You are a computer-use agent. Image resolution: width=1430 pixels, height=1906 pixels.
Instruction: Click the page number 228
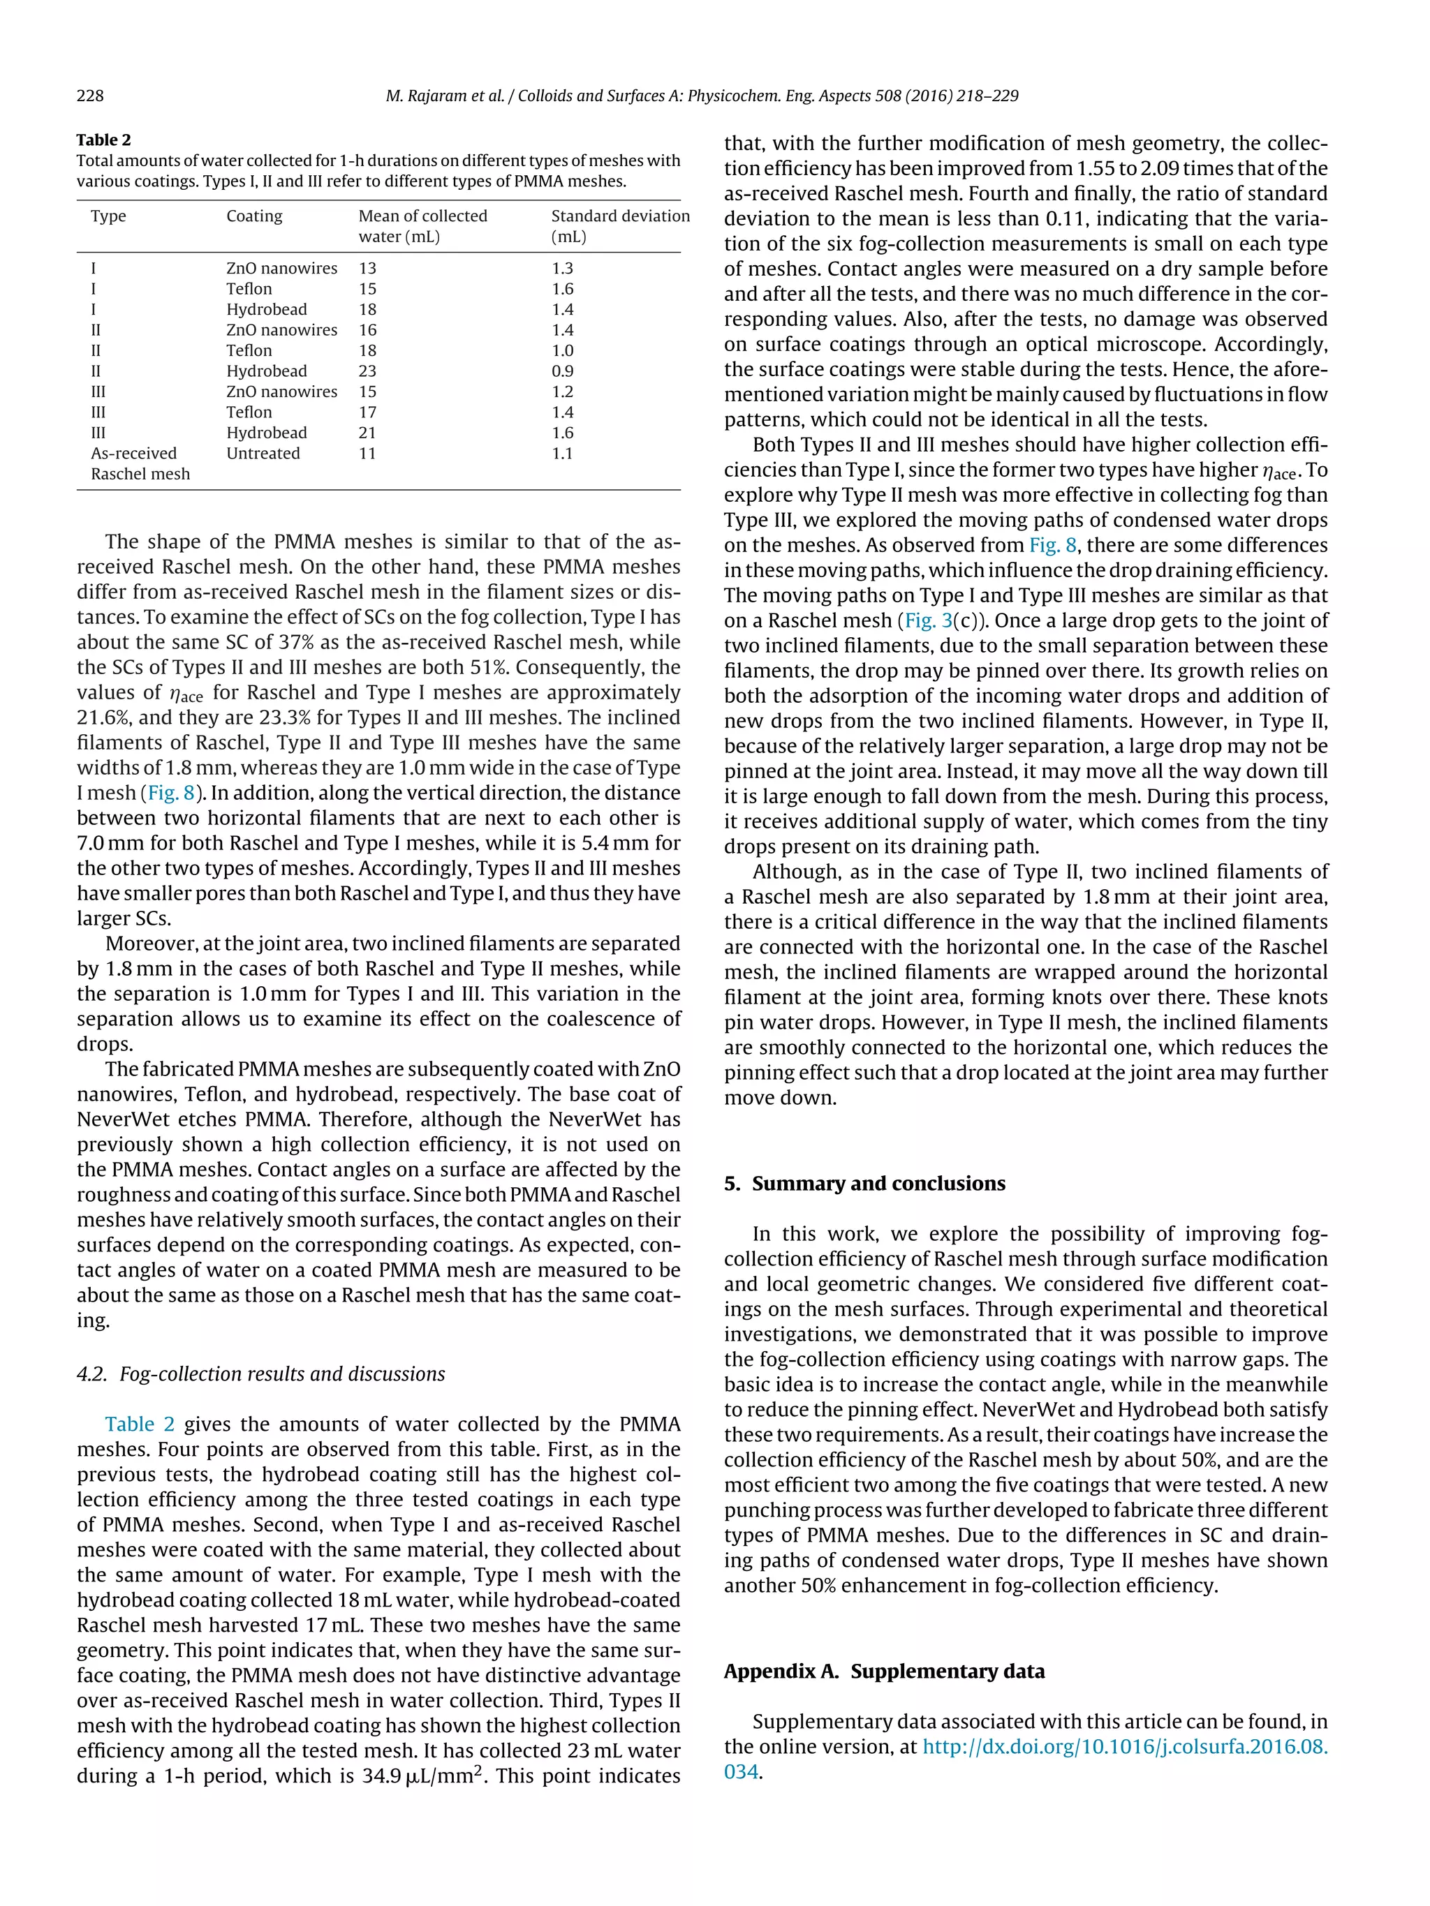[x=89, y=96]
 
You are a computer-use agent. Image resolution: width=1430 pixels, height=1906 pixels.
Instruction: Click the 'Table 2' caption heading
[x=103, y=140]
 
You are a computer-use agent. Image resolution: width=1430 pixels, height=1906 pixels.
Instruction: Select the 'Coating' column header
[x=254, y=216]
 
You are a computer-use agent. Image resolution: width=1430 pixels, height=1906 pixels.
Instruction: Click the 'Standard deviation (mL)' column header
[x=620, y=225]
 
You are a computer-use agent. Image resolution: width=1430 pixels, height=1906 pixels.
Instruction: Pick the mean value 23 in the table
[x=368, y=371]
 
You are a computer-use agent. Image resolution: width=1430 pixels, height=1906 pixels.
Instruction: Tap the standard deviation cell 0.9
[x=562, y=371]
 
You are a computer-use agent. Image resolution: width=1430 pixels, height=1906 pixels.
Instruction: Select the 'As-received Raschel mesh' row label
[x=140, y=463]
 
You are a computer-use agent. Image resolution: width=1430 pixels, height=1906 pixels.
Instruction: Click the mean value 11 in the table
[x=367, y=453]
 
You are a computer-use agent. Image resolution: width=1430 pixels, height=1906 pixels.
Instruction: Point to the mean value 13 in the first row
[x=367, y=268]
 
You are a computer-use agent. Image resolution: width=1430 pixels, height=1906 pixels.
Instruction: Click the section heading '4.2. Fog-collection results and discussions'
[x=260, y=1373]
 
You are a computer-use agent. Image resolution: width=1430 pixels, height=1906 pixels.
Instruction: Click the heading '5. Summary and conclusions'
[x=864, y=1183]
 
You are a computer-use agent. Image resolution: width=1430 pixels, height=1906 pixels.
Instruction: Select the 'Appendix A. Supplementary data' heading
[x=883, y=1671]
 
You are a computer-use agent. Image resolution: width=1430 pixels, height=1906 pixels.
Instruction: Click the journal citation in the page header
[x=702, y=96]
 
